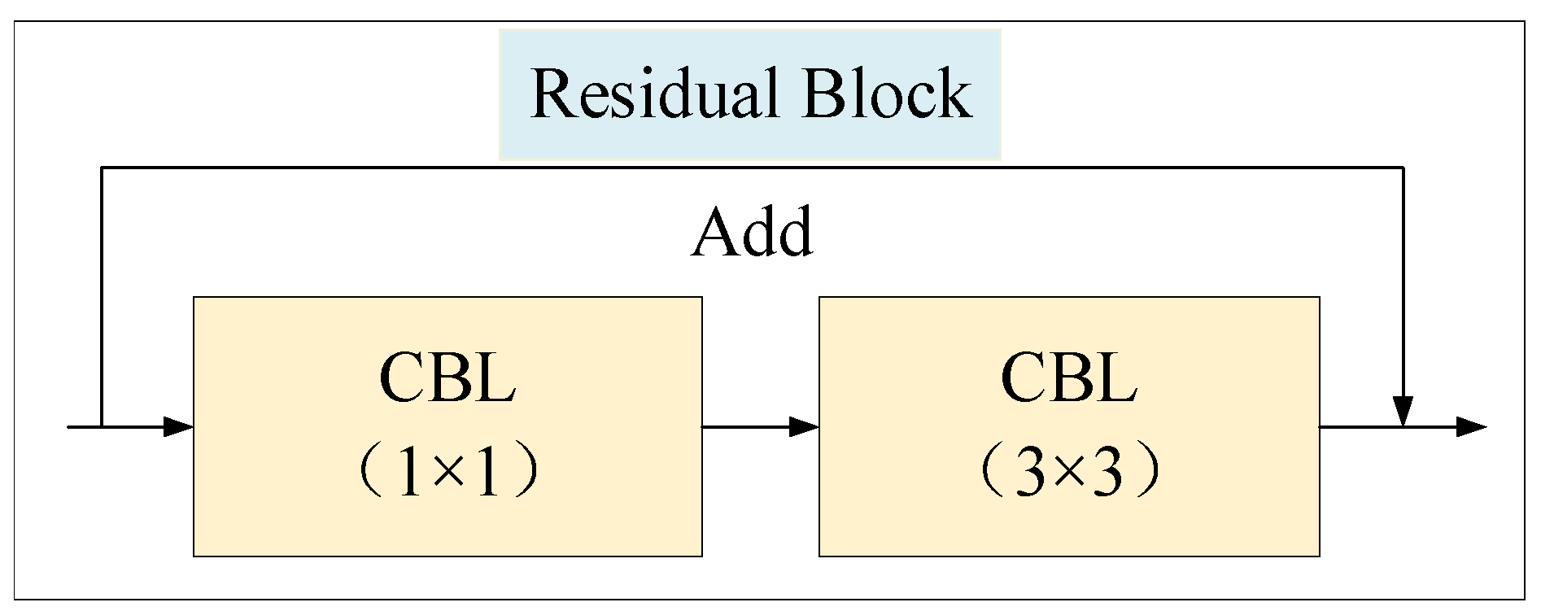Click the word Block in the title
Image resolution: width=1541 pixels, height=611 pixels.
click(886, 94)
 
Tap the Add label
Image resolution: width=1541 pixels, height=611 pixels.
click(752, 233)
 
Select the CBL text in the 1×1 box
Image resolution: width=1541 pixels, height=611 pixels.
click(447, 379)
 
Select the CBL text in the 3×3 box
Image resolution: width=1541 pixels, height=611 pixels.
click(1068, 379)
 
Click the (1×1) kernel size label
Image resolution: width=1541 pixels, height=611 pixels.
click(447, 473)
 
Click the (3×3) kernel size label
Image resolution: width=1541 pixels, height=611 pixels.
click(1068, 473)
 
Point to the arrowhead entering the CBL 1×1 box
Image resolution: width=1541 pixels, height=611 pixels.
click(179, 426)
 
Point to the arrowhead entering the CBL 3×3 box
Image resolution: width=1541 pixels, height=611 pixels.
click(805, 426)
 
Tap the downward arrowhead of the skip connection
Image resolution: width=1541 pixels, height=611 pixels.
click(1403, 410)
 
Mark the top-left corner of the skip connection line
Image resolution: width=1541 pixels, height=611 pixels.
click(101, 168)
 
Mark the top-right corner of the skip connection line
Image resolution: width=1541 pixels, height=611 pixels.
click(1403, 168)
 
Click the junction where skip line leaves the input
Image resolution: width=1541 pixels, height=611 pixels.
click(101, 426)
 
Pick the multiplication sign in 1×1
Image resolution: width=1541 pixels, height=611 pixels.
click(447, 475)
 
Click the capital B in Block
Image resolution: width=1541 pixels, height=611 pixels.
click(823, 94)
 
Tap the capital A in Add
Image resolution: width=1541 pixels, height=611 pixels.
click(714, 234)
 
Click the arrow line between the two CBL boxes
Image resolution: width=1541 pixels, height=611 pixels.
click(749, 426)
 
